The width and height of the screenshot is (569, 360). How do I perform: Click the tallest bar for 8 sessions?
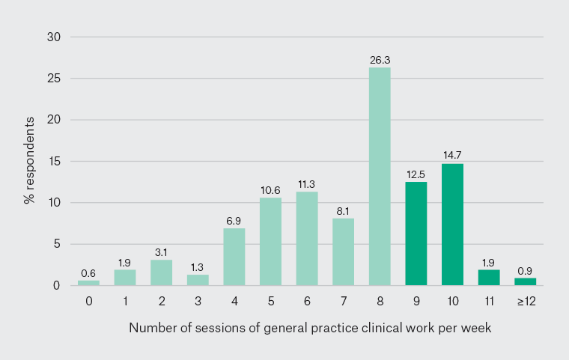pyautogui.click(x=380, y=177)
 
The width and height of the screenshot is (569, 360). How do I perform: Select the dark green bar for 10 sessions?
pyautogui.click(x=452, y=225)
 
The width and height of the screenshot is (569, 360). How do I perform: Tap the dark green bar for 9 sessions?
pyautogui.click(x=416, y=234)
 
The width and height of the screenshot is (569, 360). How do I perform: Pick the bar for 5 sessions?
pyautogui.click(x=270, y=241)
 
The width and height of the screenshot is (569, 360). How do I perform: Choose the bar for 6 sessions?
pyautogui.click(x=307, y=238)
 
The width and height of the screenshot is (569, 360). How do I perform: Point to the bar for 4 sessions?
pyautogui.click(x=234, y=257)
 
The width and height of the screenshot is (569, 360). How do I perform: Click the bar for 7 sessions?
pyautogui.click(x=343, y=251)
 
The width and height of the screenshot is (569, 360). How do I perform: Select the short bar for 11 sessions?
pyautogui.click(x=489, y=278)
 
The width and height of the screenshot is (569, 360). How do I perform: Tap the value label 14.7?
pyautogui.click(x=452, y=156)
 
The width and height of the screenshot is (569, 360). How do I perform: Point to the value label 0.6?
pyautogui.click(x=88, y=272)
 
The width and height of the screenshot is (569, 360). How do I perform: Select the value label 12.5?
pyautogui.click(x=416, y=174)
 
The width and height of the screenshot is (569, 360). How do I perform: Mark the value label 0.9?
pyautogui.click(x=526, y=270)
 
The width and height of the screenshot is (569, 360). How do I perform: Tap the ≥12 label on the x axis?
pyautogui.click(x=526, y=300)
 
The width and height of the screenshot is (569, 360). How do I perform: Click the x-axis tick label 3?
pyautogui.click(x=198, y=300)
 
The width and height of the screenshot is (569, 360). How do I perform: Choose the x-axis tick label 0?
pyautogui.click(x=88, y=300)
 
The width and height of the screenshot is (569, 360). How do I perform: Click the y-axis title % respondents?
pyautogui.click(x=29, y=161)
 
